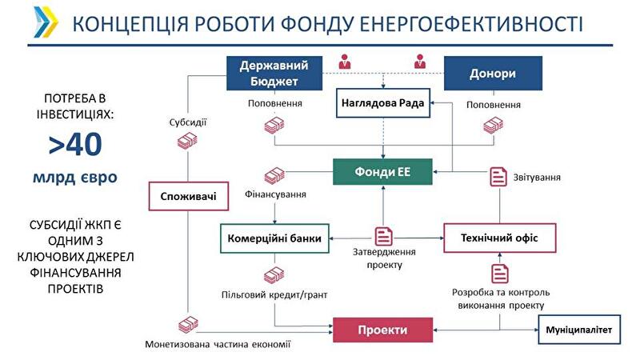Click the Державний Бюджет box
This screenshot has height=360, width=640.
(x=274, y=73)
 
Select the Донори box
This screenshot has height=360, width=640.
(x=493, y=74)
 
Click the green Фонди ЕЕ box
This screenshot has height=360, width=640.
(x=383, y=171)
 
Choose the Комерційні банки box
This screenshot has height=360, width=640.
(x=274, y=238)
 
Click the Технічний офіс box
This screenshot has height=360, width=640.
(x=499, y=238)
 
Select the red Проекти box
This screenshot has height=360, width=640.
(x=383, y=330)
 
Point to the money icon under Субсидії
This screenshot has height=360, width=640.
(x=187, y=140)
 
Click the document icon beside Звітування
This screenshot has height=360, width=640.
(x=498, y=177)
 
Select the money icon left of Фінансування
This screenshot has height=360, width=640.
(x=274, y=175)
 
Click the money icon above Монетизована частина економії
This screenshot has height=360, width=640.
(x=188, y=324)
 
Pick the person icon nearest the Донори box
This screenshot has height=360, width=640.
(x=420, y=61)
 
